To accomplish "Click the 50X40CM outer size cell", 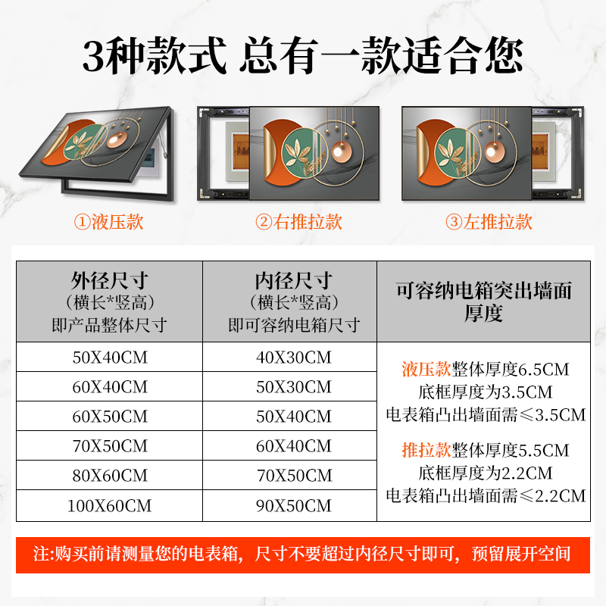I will click(x=110, y=358).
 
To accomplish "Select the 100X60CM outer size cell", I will click(x=110, y=506).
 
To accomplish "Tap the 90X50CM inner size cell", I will click(x=294, y=506).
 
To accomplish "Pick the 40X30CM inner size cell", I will click(x=294, y=358).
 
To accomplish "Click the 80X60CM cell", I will click(x=110, y=476).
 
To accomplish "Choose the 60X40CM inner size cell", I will click(x=294, y=446).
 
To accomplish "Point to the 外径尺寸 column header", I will click(x=110, y=301).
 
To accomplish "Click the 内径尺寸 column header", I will click(x=294, y=301).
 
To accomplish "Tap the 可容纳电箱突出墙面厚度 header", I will click(x=483, y=301).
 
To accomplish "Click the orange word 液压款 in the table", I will click(x=426, y=370).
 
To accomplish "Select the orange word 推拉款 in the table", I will click(x=426, y=451).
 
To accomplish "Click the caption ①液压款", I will click(x=108, y=222).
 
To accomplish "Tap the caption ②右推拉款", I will click(x=298, y=222).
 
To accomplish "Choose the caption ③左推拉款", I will click(x=489, y=222).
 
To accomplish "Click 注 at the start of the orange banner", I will click(x=41, y=554).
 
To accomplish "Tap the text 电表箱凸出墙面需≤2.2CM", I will click(x=485, y=496).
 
